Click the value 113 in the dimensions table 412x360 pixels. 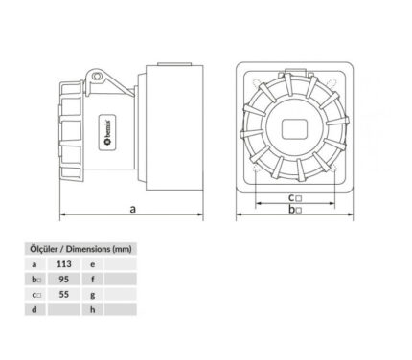[x=64, y=264]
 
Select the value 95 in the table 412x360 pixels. [x=64, y=280]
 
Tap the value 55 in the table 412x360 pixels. [x=64, y=294]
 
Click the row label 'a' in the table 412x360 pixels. [x=34, y=264]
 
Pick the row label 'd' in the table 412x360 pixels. [x=34, y=309]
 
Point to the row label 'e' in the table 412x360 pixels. [x=93, y=264]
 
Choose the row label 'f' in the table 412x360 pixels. [x=93, y=280]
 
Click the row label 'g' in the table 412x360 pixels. [x=93, y=295]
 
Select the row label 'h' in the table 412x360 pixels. [x=93, y=309]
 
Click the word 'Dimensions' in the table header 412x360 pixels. [x=87, y=249]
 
